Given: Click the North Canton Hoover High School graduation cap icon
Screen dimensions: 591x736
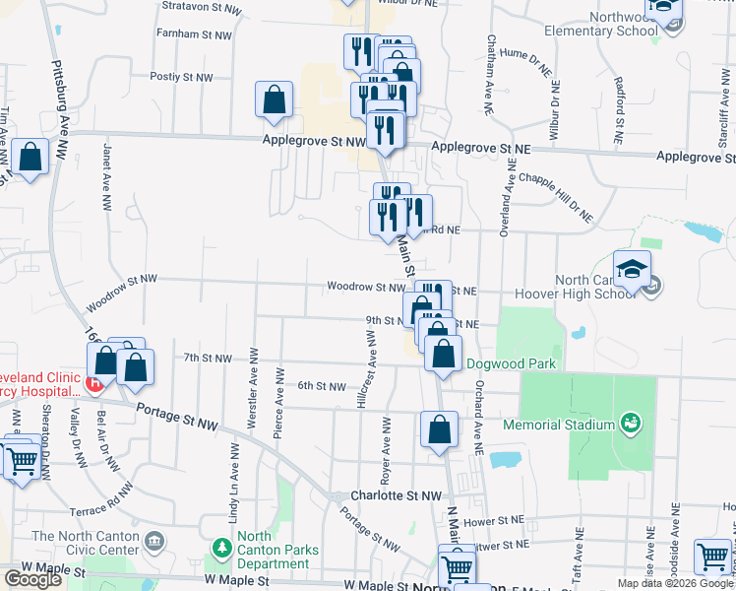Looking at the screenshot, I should tap(631, 268).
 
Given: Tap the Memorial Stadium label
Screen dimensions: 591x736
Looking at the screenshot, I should tap(559, 426).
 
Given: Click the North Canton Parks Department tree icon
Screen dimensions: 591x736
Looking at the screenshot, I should tap(223, 547).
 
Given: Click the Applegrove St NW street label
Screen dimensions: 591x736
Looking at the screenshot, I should tap(313, 142).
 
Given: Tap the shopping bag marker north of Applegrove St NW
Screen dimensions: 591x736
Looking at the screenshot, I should tap(274, 100).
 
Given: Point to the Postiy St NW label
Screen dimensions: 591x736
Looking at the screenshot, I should tap(181, 76).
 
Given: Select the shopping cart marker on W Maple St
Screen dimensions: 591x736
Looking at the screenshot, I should tap(457, 566).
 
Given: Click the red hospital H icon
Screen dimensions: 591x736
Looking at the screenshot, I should tap(95, 383).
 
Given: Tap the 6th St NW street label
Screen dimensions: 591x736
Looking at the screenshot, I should tap(322, 387).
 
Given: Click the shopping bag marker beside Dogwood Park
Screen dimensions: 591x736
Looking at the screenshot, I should tap(444, 356).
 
